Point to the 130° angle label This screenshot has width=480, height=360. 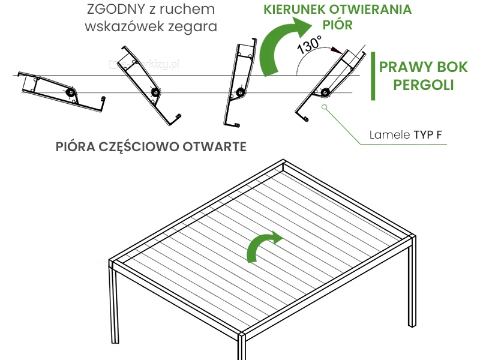point(310,45)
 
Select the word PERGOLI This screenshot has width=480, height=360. point(423,85)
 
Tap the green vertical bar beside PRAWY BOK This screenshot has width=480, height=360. point(373,75)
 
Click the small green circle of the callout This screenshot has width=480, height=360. point(324,107)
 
